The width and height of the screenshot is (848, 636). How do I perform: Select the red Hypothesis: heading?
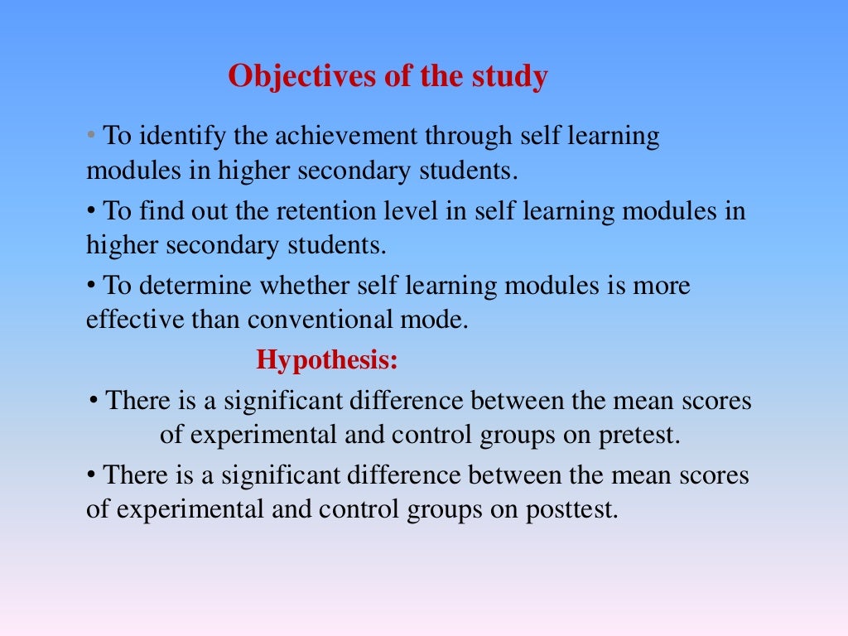coord(327,360)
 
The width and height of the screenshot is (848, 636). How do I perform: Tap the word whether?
coord(306,286)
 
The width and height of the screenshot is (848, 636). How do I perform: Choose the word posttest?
coord(571,510)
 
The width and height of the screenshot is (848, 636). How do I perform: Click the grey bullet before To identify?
coord(91,135)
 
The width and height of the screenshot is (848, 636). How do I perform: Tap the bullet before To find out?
coord(91,211)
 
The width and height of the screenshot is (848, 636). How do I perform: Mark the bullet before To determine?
coord(91,286)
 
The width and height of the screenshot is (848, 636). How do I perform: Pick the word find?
coord(161,211)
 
